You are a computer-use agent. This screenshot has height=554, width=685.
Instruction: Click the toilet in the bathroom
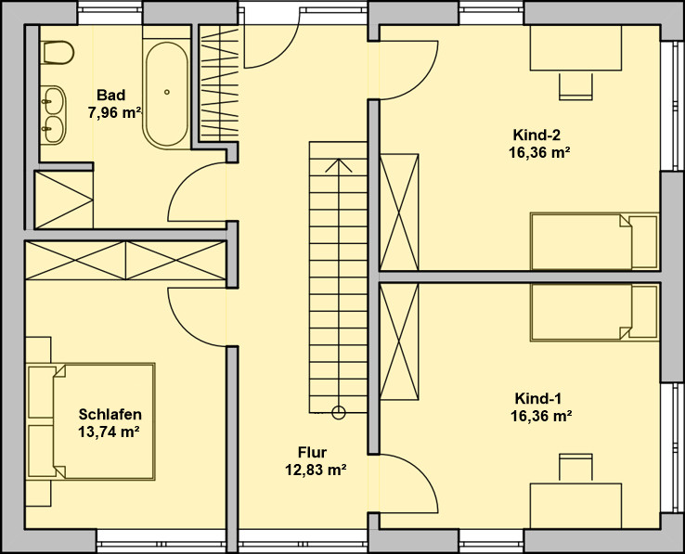coord(58,52)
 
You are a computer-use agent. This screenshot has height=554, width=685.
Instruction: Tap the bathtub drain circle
coord(167,92)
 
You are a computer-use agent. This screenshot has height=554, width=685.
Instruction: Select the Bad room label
coord(111,95)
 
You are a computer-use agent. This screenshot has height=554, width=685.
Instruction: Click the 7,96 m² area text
coord(115,112)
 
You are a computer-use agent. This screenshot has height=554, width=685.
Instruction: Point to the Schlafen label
coord(110,414)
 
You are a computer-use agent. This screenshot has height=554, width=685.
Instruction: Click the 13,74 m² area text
coord(109,432)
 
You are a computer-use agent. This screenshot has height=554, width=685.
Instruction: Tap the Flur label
coord(313,452)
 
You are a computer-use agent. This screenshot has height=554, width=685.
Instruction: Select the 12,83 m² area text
coord(316,470)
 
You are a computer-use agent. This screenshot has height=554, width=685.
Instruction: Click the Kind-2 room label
coord(536,135)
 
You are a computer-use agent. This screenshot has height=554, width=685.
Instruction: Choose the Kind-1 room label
coord(538,398)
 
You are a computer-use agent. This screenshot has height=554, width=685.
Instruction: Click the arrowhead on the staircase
coord(339,165)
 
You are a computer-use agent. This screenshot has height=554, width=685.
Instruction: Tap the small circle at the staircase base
coord(339,412)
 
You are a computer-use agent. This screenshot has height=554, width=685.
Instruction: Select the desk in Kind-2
coord(575,48)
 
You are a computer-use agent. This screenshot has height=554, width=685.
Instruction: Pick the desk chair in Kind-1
coord(575,469)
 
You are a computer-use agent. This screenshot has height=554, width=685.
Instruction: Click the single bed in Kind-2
coord(594,241)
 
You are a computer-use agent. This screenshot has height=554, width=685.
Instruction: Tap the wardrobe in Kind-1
coord(399,341)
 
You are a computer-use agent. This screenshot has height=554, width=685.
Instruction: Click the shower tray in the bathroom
coord(64,200)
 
